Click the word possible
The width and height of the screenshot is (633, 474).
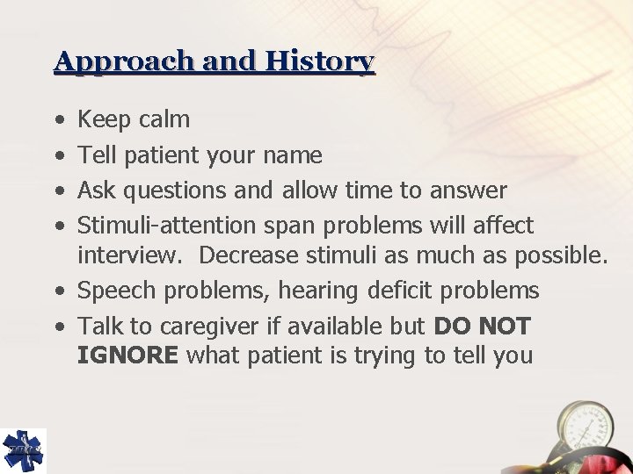click(x=560, y=255)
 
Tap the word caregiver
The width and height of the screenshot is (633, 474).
click(x=194, y=327)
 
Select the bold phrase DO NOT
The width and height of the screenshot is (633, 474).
click(x=483, y=327)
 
